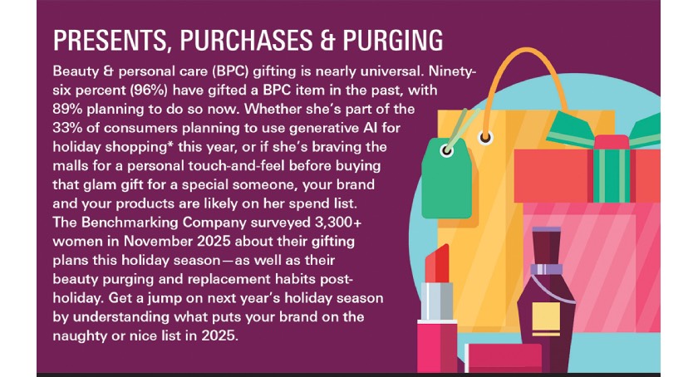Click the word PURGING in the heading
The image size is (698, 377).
point(393,41)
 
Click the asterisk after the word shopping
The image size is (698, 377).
point(170,144)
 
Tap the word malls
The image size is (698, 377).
point(71,165)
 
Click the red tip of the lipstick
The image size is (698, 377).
point(438,263)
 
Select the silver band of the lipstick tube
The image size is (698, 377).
point(437,301)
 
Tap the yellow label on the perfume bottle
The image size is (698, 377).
point(546,318)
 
